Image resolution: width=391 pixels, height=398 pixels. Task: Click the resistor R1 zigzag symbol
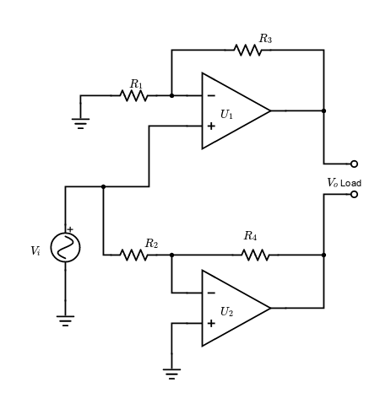click(x=133, y=95)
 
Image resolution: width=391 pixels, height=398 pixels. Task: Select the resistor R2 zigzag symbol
click(x=133, y=255)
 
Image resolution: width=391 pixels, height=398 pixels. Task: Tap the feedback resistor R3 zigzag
click(x=247, y=50)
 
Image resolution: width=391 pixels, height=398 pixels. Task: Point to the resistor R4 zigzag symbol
click(x=255, y=255)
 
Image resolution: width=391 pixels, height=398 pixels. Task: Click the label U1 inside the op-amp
click(x=226, y=115)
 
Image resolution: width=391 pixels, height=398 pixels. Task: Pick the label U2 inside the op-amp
click(x=226, y=312)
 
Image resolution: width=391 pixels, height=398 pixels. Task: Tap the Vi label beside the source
click(x=35, y=250)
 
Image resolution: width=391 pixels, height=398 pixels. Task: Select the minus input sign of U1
click(x=211, y=96)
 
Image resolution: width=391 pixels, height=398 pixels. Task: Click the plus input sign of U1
click(x=211, y=126)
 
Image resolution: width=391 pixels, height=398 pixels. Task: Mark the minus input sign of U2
click(x=211, y=293)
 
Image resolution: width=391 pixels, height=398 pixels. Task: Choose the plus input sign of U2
click(x=211, y=324)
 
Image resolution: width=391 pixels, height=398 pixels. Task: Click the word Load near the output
click(x=350, y=183)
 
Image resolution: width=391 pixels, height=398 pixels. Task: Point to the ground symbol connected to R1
click(x=80, y=123)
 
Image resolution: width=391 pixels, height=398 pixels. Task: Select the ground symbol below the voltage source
click(x=65, y=320)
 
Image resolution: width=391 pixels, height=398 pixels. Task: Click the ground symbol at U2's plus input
click(x=171, y=374)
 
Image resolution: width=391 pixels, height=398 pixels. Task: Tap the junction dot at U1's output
click(x=323, y=110)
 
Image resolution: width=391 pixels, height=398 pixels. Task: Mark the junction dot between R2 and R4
click(x=171, y=255)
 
